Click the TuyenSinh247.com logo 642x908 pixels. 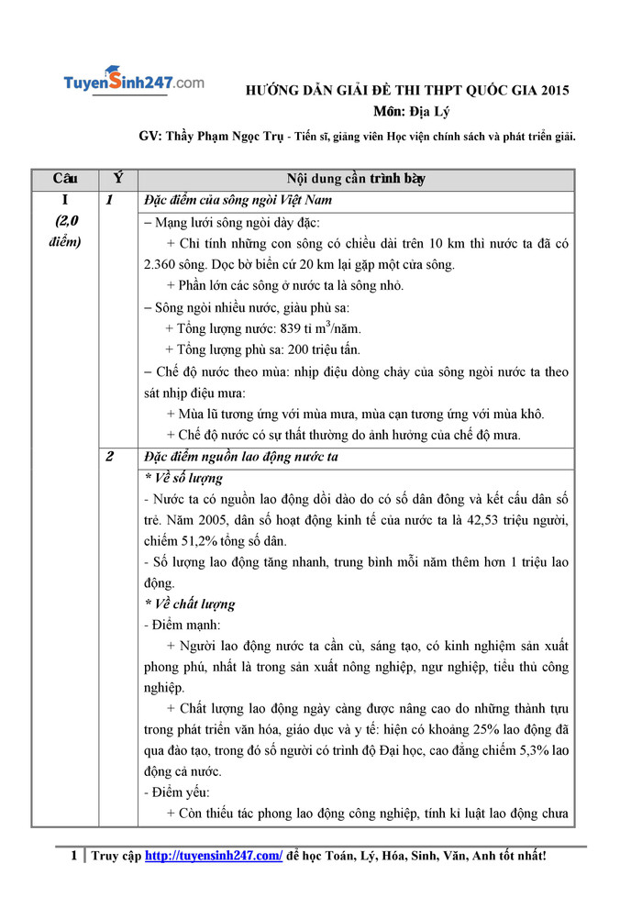[x=134, y=82]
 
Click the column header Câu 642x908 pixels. [x=65, y=178]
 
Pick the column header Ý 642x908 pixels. [x=117, y=178]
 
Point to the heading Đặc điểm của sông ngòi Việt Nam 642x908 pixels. [x=238, y=201]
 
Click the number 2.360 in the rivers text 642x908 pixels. [x=161, y=265]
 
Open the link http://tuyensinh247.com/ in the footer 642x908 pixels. [x=214, y=856]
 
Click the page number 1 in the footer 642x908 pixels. [x=74, y=856]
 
